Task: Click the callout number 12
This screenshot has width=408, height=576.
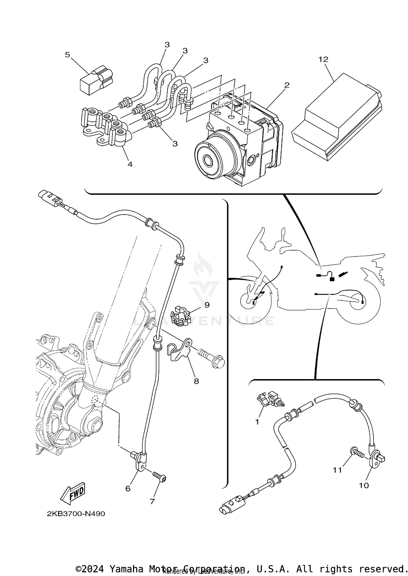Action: pyautogui.click(x=323, y=59)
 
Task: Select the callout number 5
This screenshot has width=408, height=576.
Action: pyautogui.click(x=67, y=55)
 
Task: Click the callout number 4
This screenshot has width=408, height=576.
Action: pyautogui.click(x=130, y=164)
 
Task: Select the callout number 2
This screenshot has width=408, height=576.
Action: pyautogui.click(x=287, y=85)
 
